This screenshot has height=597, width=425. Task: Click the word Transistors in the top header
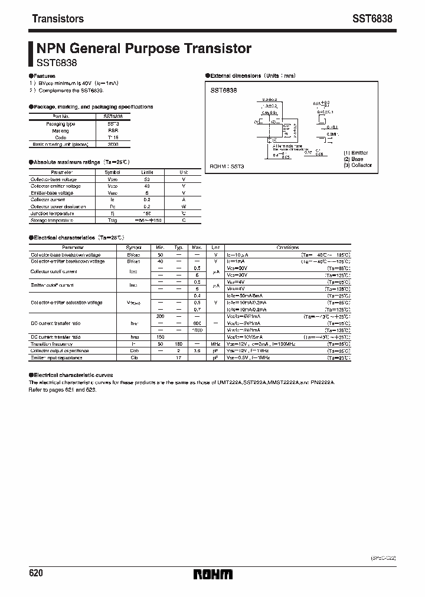point(57,19)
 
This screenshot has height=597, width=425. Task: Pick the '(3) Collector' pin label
point(358,166)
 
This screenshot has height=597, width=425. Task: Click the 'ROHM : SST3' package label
point(227,167)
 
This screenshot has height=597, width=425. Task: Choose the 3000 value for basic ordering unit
point(113,143)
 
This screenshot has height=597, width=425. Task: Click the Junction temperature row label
point(53,214)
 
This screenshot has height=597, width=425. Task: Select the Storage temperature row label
point(53,220)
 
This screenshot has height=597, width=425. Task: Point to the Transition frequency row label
point(52,343)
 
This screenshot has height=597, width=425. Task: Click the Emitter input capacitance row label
point(57,357)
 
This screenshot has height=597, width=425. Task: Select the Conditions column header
point(287,248)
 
